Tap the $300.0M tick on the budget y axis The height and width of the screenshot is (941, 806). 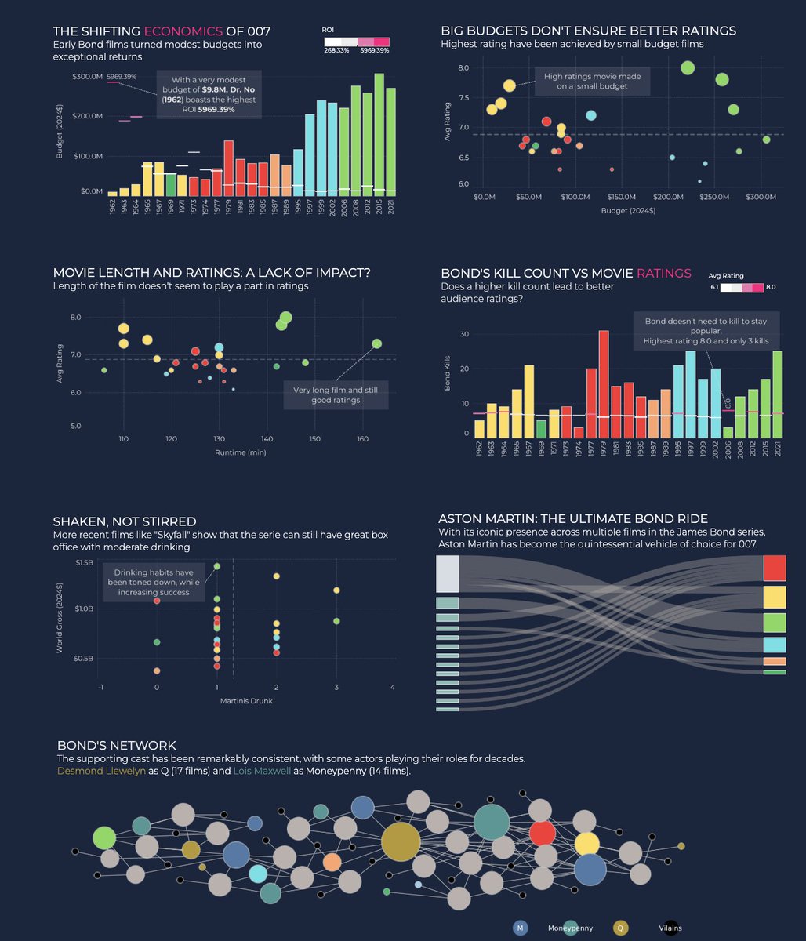click(87, 77)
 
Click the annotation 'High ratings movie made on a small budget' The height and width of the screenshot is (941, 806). click(592, 81)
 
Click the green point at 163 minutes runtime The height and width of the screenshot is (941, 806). click(377, 343)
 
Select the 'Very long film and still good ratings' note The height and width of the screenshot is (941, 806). click(336, 394)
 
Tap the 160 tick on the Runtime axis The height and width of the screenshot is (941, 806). click(362, 439)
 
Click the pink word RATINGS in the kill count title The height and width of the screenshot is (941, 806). click(664, 274)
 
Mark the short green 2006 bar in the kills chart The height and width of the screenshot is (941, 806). click(728, 432)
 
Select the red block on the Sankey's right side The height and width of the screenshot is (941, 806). click(775, 568)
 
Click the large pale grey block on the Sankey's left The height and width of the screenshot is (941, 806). click(447, 574)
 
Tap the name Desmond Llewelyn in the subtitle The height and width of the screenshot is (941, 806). click(102, 772)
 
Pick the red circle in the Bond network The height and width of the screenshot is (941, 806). click(542, 833)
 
